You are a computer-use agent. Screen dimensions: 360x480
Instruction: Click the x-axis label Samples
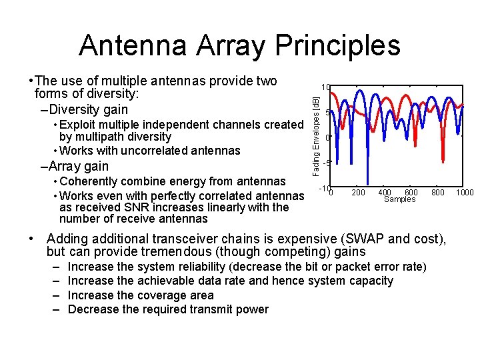[x=399, y=199]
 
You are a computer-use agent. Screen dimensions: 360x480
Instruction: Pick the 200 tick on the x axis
[x=358, y=193]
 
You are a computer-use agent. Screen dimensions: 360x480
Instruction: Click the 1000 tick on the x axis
[x=465, y=193]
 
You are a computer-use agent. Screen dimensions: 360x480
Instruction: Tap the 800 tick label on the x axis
[x=437, y=193]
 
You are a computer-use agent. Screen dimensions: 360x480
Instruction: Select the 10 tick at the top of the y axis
[x=325, y=87]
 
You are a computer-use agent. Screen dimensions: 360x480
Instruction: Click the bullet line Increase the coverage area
[x=141, y=295]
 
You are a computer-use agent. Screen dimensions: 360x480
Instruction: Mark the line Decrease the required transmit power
[x=168, y=309]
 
